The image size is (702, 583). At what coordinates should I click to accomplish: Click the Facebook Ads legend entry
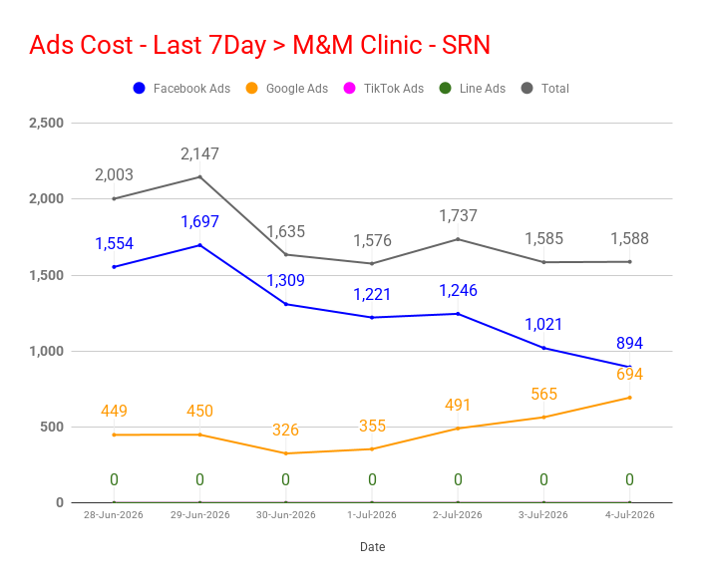click(181, 88)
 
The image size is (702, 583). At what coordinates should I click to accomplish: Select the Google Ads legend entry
click(287, 88)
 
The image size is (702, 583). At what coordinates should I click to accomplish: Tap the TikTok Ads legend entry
click(384, 88)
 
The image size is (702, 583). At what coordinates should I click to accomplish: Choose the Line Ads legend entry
click(473, 88)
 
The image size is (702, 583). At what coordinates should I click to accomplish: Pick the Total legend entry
click(545, 88)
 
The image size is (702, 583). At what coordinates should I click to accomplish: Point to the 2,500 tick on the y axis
click(47, 123)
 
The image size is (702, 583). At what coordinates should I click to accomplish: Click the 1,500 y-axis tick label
click(47, 275)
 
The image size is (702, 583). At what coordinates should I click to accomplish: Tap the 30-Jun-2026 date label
click(285, 515)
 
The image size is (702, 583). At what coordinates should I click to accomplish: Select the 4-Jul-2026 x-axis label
click(630, 515)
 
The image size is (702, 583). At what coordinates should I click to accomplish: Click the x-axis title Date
click(373, 547)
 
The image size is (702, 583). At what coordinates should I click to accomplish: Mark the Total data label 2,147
click(199, 153)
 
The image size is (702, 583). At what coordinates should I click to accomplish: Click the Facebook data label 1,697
click(199, 221)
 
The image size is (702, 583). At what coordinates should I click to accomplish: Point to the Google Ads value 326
click(285, 430)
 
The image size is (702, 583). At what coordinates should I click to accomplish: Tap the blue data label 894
click(629, 343)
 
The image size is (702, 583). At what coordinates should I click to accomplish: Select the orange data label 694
click(629, 374)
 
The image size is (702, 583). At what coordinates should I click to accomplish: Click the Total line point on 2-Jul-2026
click(458, 239)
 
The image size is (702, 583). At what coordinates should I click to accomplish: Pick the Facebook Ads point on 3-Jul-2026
click(544, 348)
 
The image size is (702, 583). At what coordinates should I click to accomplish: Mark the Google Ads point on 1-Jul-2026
click(372, 448)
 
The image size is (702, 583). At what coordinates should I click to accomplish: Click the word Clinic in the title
click(391, 45)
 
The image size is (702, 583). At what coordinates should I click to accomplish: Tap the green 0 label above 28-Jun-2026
click(114, 480)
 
